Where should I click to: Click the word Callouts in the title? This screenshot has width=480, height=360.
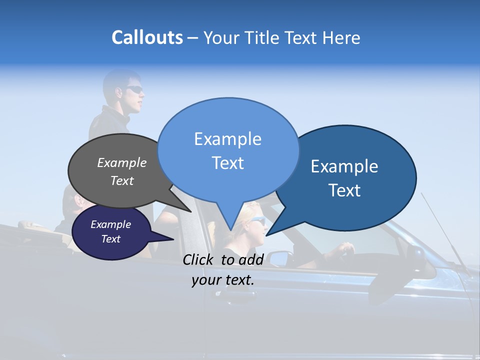click(147, 37)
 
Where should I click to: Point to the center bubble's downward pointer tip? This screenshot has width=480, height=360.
click(230, 230)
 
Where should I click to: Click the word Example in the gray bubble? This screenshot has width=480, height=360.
click(122, 162)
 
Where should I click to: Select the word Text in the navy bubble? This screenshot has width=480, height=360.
click(111, 239)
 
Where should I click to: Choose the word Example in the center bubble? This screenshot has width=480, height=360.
click(227, 138)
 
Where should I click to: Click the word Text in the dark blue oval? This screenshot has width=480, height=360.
click(344, 190)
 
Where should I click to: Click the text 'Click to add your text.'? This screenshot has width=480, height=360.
click(223, 269)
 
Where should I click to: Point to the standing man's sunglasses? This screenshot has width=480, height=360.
click(134, 89)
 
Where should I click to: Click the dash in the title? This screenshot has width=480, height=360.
click(193, 38)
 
